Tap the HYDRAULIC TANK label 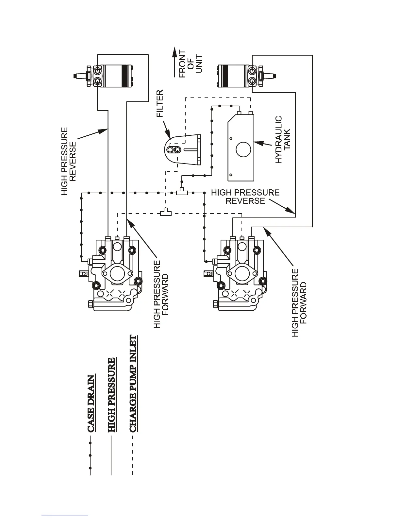pos(283,140)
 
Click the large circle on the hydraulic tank pos(243,150)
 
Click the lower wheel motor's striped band pos(224,76)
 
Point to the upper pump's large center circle pos(117,273)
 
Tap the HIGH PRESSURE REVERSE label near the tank pos(245,197)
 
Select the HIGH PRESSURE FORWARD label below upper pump pos(161,294)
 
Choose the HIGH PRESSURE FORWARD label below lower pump pos(299,303)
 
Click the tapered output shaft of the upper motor pos(78,76)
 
